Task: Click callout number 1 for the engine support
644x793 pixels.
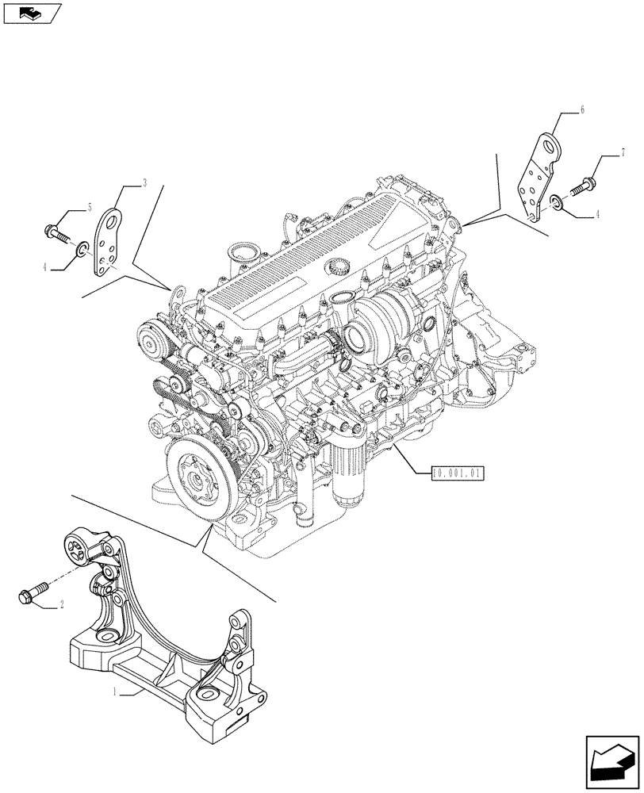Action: (x=116, y=692)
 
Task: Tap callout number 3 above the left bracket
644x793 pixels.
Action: (x=144, y=183)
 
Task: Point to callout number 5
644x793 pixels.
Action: (x=90, y=207)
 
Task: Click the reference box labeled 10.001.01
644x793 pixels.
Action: (x=458, y=473)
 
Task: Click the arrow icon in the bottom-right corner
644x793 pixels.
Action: (x=611, y=760)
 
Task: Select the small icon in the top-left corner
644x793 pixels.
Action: (x=31, y=12)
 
